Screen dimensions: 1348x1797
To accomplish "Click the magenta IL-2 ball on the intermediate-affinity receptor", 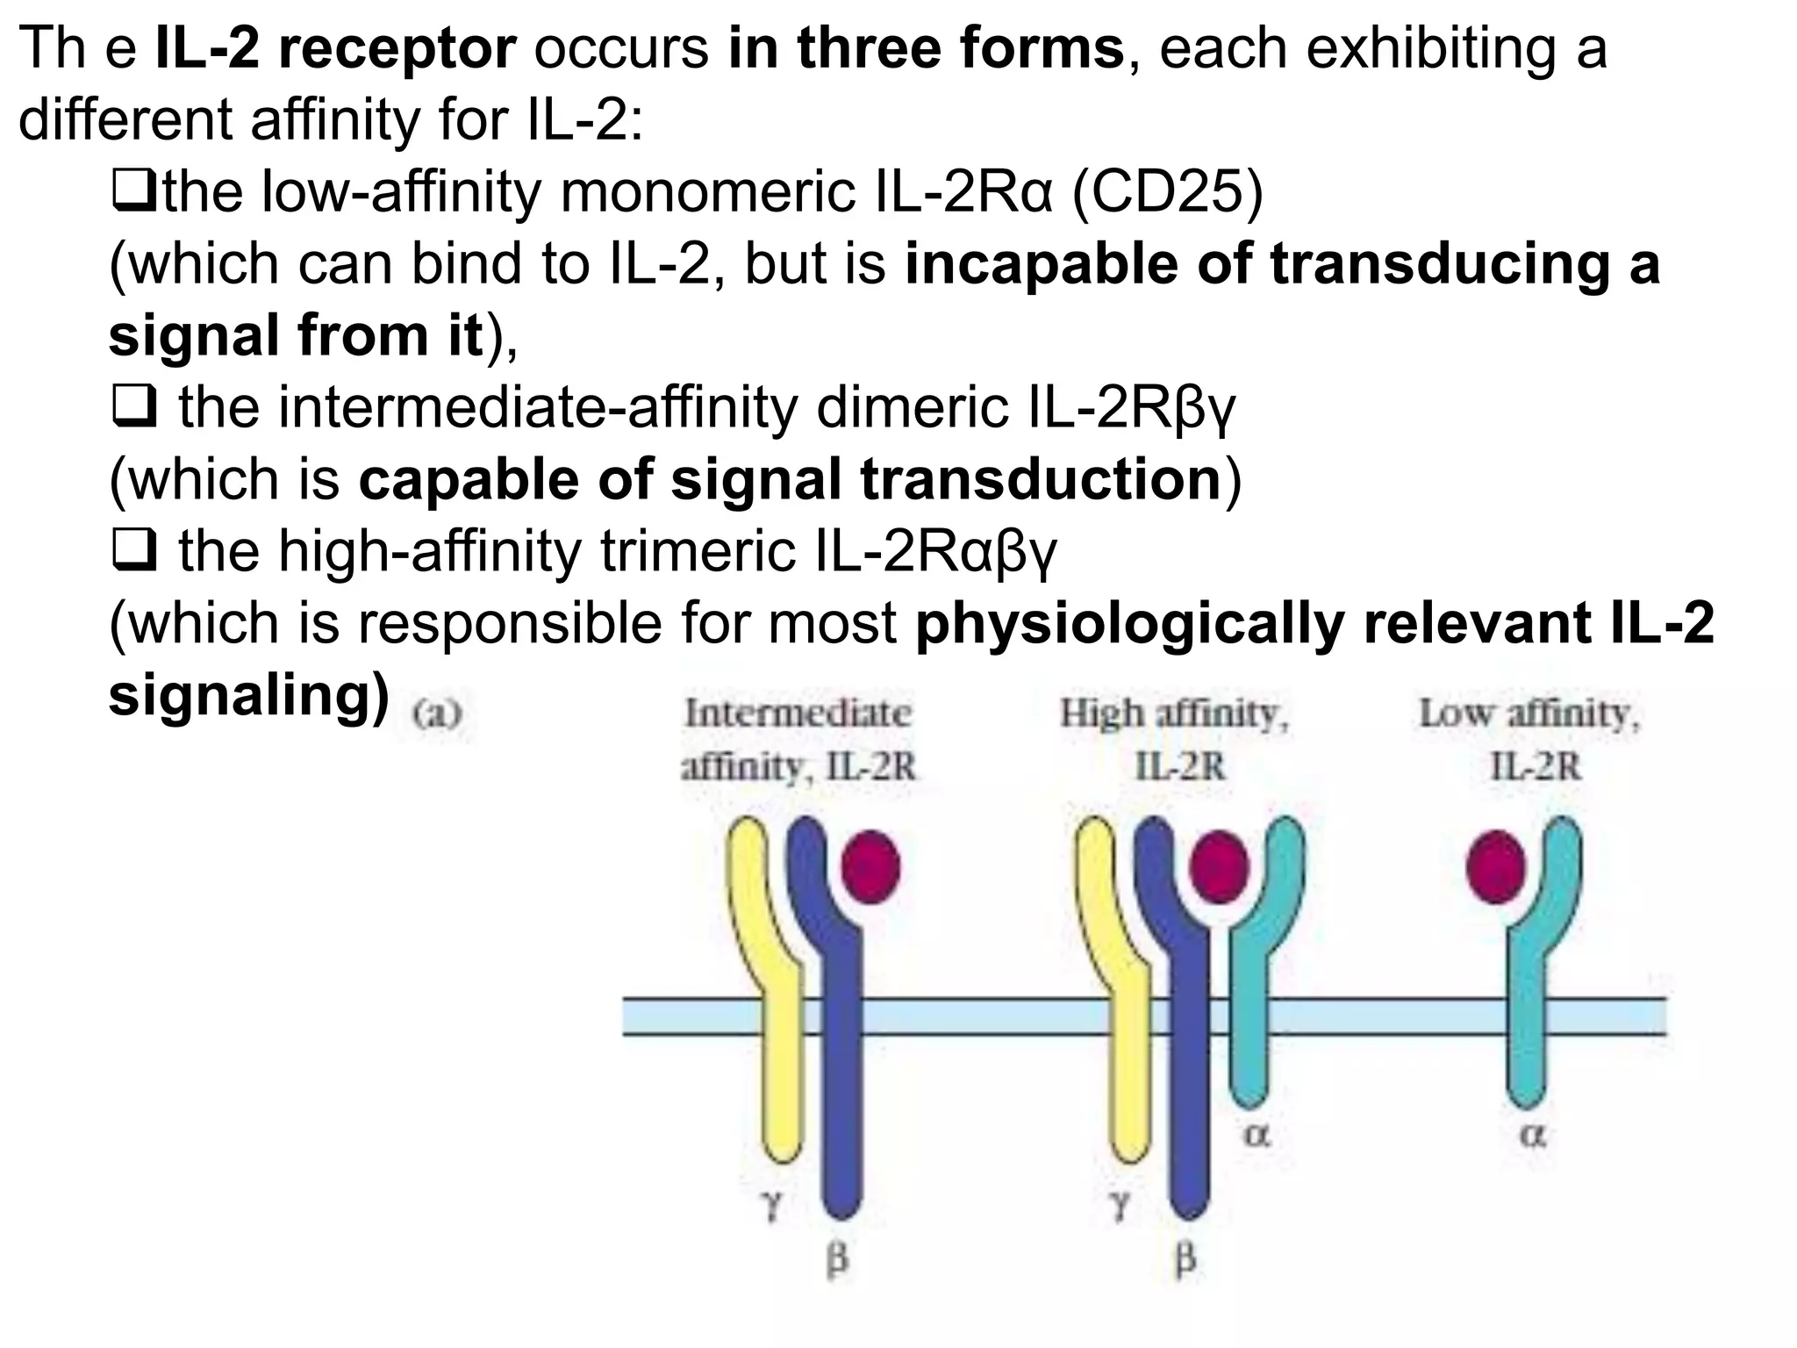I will (870, 865).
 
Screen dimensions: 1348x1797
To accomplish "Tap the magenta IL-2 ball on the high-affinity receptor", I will (1219, 865).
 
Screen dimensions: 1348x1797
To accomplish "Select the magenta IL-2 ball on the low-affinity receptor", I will (1497, 865).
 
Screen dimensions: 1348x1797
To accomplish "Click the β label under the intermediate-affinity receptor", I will (838, 1260).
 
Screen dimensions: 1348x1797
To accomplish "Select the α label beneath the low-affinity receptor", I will (1532, 1136).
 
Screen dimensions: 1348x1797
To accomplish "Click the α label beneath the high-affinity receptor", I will (1256, 1136).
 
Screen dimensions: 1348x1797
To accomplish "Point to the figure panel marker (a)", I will (437, 713).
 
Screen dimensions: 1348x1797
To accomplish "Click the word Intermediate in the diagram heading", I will (798, 713).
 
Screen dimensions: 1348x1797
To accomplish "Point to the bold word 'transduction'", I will (1041, 480).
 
